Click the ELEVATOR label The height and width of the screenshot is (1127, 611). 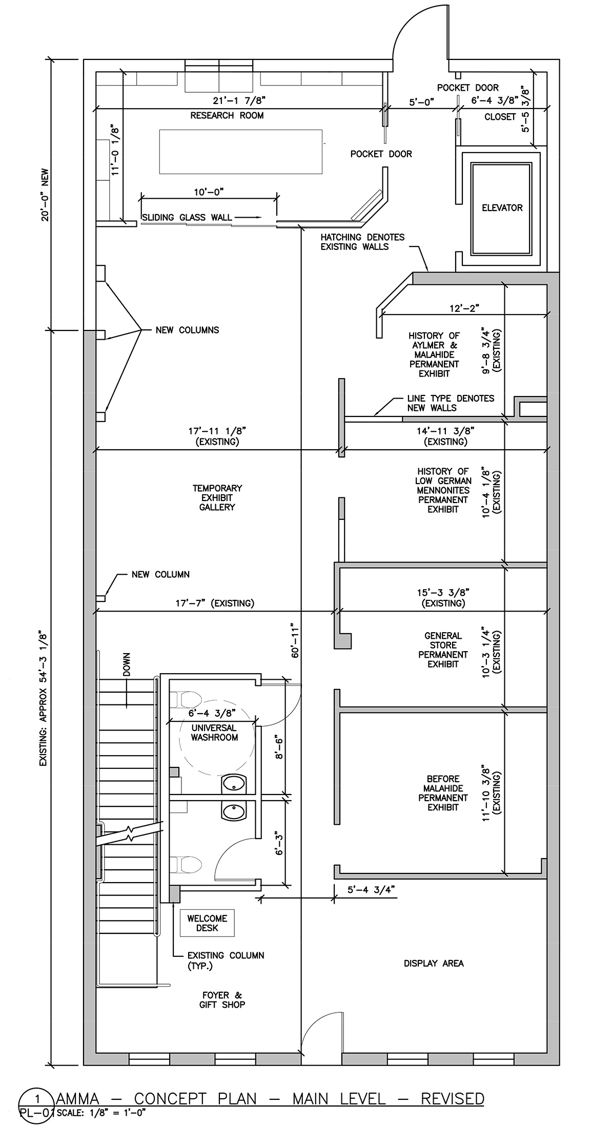tap(502, 207)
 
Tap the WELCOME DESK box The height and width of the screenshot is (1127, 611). tap(207, 923)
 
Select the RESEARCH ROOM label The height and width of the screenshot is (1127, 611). tap(227, 116)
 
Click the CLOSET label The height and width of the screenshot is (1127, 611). tap(500, 117)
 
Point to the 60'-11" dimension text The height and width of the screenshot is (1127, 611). tap(294, 641)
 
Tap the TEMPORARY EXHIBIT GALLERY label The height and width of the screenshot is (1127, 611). tap(217, 497)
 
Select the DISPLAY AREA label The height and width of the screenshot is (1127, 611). tap(434, 963)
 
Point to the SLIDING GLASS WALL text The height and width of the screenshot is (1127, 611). tap(187, 218)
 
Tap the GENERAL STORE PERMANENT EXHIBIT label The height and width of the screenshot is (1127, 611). tap(443, 650)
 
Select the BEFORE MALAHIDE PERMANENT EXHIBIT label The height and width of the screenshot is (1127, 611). tap(443, 792)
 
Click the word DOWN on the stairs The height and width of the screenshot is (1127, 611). tap(127, 664)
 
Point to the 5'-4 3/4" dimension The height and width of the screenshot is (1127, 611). tap(372, 890)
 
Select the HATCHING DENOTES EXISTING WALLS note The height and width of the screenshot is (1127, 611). tap(362, 242)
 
